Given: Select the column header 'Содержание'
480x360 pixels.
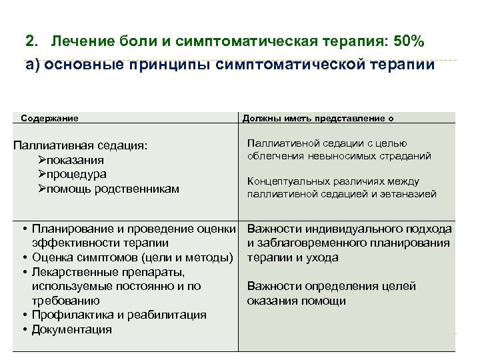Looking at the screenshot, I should pyautogui.click(x=50, y=118).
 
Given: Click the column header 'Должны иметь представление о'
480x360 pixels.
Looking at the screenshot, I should pyautogui.click(x=317, y=118).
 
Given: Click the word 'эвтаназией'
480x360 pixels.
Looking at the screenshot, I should pyautogui.click(x=410, y=194).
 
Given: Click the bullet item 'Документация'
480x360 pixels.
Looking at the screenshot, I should pyautogui.click(x=71, y=329).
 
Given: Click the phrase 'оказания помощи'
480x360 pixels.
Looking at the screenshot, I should pyautogui.click(x=296, y=301).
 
